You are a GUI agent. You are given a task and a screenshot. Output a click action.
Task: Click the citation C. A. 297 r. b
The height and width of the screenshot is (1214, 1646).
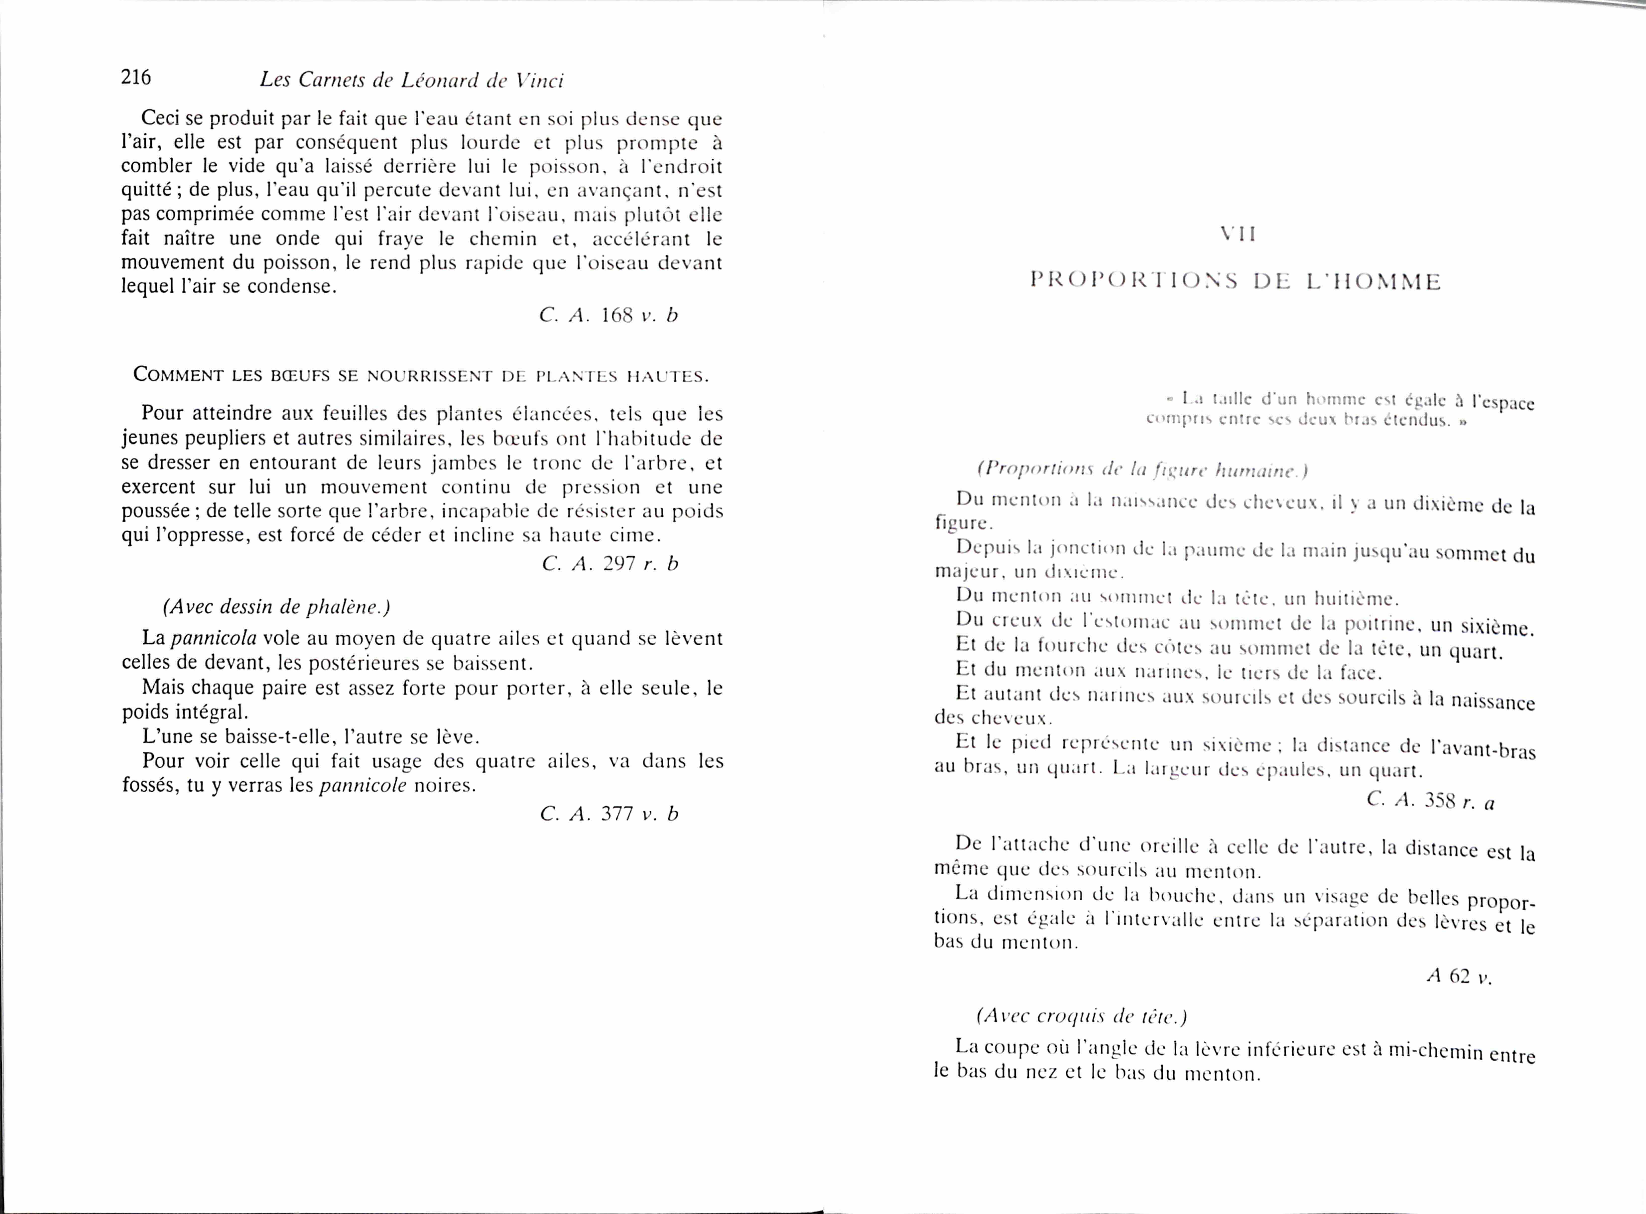[610, 564]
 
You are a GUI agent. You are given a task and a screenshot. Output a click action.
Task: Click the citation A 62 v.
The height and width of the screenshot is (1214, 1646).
[1459, 977]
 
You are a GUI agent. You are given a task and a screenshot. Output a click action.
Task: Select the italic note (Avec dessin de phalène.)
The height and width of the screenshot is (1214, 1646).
[276, 607]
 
